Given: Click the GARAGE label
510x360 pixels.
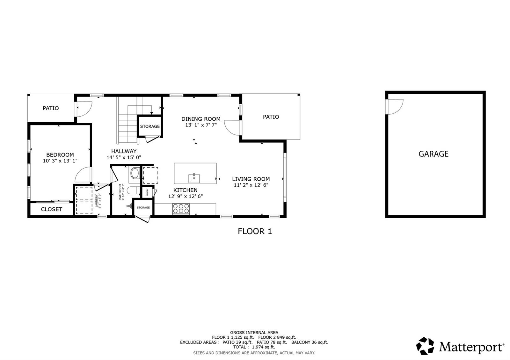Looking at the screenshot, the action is tap(433, 154).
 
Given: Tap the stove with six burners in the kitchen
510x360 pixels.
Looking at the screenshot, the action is tap(181, 209).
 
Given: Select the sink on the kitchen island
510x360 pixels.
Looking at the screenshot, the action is tap(194, 178).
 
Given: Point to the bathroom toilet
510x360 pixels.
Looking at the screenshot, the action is tap(133, 191).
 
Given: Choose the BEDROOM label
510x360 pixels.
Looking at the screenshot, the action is tap(60, 155).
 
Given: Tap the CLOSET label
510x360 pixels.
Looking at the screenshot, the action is tap(51, 209).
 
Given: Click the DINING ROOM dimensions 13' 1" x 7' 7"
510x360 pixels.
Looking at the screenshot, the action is tap(201, 125).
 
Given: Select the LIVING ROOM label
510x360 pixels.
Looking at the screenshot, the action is tap(251, 179).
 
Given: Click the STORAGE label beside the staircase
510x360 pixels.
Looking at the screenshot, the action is tap(150, 126).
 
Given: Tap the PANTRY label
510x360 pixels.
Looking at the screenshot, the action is tap(147, 192).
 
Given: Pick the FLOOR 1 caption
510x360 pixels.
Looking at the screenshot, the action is tap(255, 231).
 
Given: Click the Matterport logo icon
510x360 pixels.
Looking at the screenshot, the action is tap(425, 346).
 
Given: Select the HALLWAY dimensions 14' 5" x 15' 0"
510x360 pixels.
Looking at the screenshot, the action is tap(124, 157).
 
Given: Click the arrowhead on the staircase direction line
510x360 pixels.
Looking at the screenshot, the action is tap(151, 113).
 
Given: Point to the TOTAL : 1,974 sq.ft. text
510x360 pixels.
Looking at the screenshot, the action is tap(254, 347).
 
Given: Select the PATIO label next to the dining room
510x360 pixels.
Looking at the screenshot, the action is tap(271, 117).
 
